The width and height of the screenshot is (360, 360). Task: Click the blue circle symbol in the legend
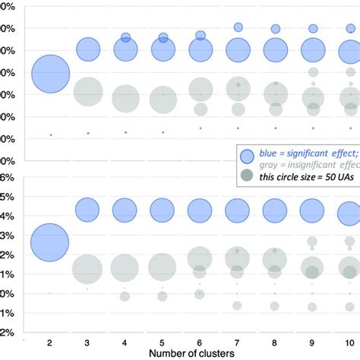[247, 155]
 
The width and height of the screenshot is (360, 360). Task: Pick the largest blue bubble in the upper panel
[50, 74]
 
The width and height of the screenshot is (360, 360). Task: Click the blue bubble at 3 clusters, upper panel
[88, 50]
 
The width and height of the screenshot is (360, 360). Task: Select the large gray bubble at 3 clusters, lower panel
[88, 268]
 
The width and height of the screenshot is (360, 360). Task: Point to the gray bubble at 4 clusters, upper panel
[125, 98]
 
